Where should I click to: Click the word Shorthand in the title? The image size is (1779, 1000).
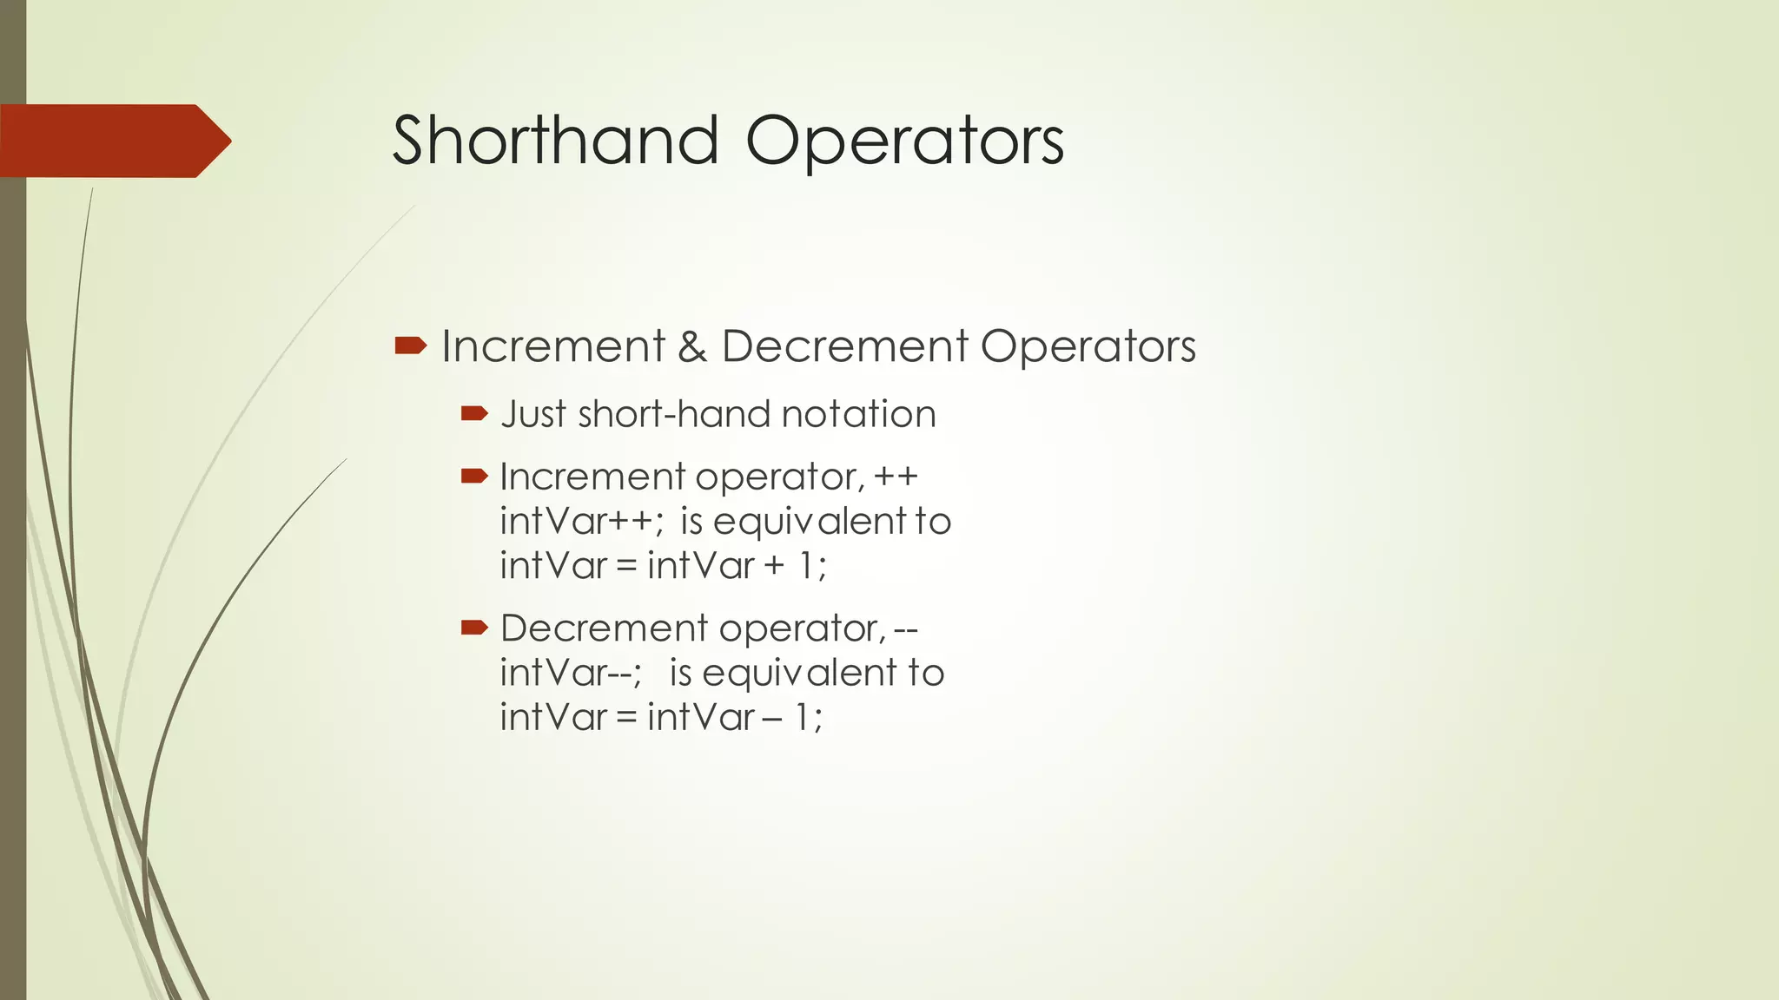point(556,141)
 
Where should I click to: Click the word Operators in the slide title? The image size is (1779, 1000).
point(904,141)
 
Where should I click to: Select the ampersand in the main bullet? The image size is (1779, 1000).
point(692,346)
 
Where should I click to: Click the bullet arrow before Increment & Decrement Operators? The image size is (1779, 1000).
point(410,346)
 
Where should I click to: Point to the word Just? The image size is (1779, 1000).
point(533,414)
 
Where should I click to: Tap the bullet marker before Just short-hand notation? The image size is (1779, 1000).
point(474,414)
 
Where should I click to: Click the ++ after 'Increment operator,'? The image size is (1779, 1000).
point(896,477)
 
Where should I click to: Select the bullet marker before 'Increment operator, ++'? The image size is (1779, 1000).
point(474,476)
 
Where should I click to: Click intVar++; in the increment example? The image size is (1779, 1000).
point(581,522)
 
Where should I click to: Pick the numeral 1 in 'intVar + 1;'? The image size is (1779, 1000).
point(807,566)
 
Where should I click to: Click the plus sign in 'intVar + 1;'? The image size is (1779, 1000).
point(773,566)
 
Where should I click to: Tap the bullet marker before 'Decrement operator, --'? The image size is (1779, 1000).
point(474,627)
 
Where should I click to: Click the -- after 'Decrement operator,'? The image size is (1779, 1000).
point(905,628)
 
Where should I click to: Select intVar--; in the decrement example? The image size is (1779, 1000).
point(571,673)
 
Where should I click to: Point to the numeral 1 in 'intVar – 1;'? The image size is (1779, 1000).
point(804,717)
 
